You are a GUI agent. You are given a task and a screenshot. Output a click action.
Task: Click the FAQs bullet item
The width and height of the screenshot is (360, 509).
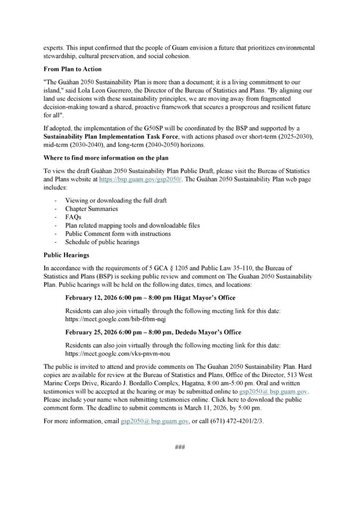coord(73,217)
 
